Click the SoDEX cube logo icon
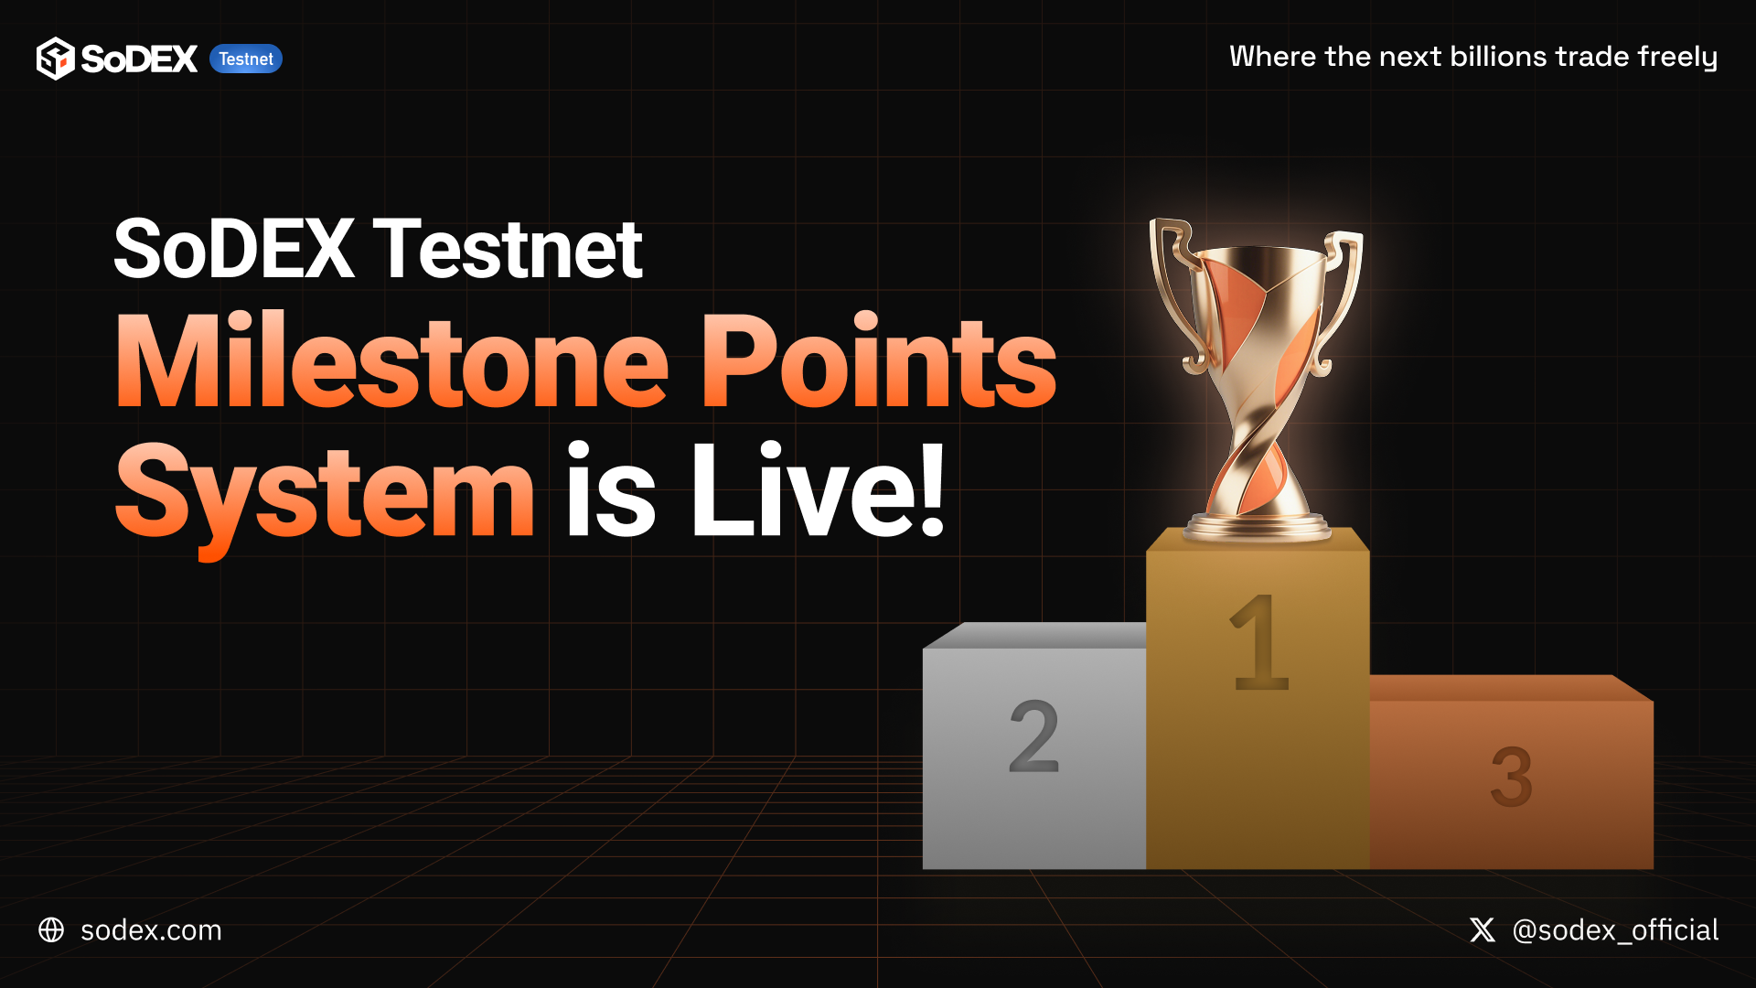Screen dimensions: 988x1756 (55, 59)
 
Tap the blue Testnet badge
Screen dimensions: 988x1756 (246, 59)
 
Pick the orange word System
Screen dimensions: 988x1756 (325, 494)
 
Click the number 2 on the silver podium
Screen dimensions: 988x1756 (1033, 736)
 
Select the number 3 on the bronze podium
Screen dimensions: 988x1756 (1511, 777)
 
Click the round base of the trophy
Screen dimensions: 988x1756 (1258, 528)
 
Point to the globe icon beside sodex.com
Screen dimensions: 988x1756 (51, 930)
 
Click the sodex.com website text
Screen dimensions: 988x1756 (151, 930)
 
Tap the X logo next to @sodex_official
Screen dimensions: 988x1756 (1483, 930)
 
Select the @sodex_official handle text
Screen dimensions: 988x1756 (1615, 930)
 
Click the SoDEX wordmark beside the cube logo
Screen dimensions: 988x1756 (139, 59)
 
